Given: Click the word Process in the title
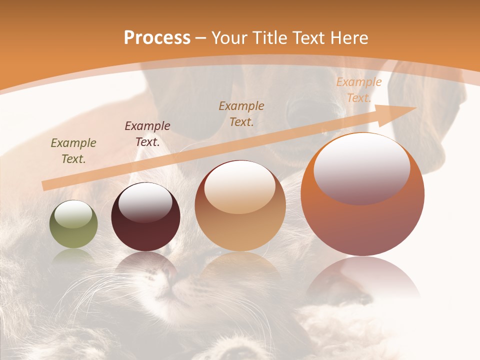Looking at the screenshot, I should coord(157,37).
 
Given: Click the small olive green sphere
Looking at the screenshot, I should coord(73,224).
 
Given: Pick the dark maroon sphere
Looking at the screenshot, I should coord(145,217).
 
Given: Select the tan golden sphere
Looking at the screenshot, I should coord(240,205).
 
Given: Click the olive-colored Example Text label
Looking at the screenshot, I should coord(73,150).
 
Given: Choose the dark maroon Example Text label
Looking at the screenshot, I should coord(147,133).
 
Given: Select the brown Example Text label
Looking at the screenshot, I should coord(241,113).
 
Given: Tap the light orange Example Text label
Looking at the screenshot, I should coord(358,90).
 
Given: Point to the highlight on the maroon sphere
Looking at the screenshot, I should coord(145,202).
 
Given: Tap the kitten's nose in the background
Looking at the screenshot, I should coord(169,274).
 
